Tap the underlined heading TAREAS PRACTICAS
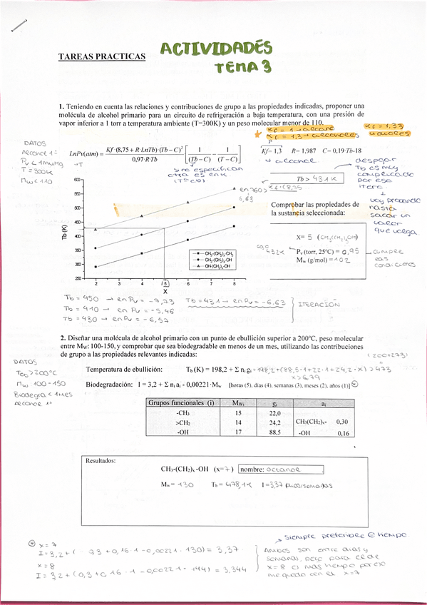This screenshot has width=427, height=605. coord(101,56)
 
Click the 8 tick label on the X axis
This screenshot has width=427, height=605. coord(235,283)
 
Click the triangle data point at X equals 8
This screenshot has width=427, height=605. coord(235,188)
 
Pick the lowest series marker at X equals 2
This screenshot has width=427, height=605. coord(96,266)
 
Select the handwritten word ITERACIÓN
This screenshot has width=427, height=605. coord(317,302)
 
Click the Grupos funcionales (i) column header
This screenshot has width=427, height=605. coord(181,404)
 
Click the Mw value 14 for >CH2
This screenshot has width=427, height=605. coord(238,422)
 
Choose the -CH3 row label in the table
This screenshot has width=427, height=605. coord(182,413)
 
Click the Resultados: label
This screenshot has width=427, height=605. coord(101,460)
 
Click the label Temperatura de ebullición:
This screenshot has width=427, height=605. coord(124,370)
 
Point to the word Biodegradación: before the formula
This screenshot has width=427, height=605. coord(109,384)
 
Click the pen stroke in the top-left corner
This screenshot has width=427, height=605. coord(19,25)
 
